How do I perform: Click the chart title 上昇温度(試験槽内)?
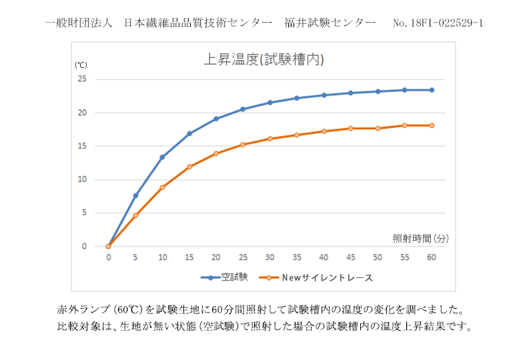(263, 60)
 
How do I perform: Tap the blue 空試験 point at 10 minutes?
(162, 157)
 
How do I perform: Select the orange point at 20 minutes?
(216, 153)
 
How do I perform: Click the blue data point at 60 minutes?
(432, 90)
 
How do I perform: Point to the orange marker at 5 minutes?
(135, 215)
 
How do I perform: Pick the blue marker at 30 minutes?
(270, 103)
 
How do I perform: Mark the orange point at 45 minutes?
(351, 128)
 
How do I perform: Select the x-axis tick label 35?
(297, 257)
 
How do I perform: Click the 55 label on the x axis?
(404, 257)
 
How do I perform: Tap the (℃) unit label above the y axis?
(81, 65)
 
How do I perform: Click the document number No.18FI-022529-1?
(438, 23)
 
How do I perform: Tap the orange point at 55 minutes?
(404, 125)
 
